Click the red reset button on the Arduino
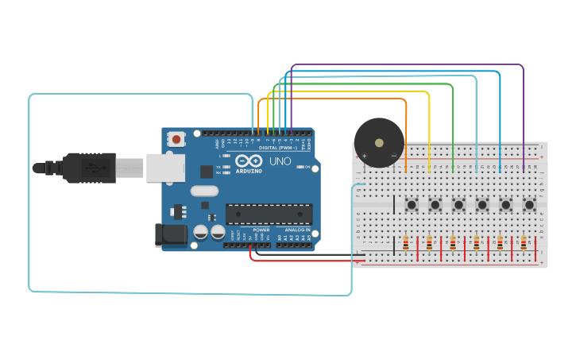pyautogui.click(x=176, y=140)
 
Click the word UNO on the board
pyautogui.click(x=280, y=161)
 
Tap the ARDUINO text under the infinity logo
pyautogui.click(x=248, y=171)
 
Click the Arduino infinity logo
pyautogui.click(x=248, y=161)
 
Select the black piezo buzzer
pyautogui.click(x=378, y=143)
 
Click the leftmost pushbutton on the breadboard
pyautogui.click(x=412, y=205)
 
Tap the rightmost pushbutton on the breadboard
pyautogui.click(x=529, y=205)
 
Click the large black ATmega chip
pyautogui.click(x=269, y=214)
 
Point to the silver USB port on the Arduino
pyautogui.click(x=165, y=168)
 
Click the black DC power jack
pyautogui.click(x=170, y=234)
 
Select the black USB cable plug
pyautogui.click(x=87, y=168)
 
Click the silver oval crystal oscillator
pyautogui.click(x=204, y=191)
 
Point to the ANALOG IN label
pyautogui.click(x=298, y=230)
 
